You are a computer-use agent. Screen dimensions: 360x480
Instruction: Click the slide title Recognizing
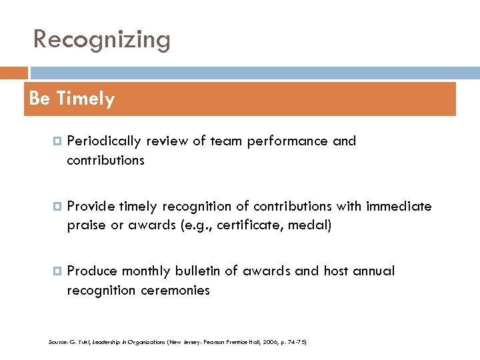[x=102, y=40]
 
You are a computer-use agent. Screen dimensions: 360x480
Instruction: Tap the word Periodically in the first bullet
[x=104, y=141]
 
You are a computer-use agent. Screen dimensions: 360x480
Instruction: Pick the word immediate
[x=398, y=207]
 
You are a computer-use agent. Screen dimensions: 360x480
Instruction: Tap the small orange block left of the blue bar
[x=14, y=73]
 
